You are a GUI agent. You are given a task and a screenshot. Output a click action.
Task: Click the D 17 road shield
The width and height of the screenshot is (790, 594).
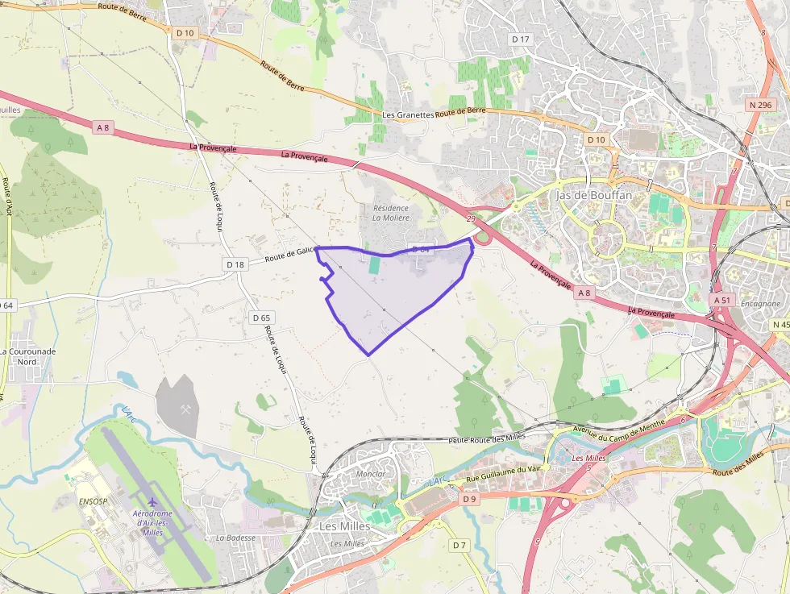pos(521,39)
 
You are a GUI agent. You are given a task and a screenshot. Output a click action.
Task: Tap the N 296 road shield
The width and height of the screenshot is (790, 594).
pos(759,105)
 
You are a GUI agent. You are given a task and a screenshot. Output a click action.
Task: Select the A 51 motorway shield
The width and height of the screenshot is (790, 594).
pos(721,299)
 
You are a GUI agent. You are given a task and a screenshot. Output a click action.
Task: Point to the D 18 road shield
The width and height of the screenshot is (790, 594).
pos(235,264)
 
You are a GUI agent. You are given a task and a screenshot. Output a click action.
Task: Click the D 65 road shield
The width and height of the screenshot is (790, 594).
pos(260,318)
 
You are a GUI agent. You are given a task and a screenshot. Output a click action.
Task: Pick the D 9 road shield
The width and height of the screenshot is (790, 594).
pos(470,499)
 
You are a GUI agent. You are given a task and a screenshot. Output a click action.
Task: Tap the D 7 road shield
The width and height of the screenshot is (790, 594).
pos(459,546)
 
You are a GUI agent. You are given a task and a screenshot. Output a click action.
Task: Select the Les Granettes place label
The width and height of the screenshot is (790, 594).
pos(408,115)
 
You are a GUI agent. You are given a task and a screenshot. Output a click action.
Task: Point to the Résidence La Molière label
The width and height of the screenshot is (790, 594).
pos(391,213)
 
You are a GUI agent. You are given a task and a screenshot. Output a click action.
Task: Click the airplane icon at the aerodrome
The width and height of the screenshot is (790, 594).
pos(152,503)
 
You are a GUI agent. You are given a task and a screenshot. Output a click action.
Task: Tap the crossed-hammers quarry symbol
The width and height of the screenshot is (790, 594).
pos(187,409)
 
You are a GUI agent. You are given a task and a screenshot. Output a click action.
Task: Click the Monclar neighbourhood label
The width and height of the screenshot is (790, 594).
pos(370,474)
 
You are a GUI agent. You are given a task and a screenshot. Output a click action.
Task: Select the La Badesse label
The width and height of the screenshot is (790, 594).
pos(235,538)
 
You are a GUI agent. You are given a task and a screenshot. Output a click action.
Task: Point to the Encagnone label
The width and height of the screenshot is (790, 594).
pos(759,304)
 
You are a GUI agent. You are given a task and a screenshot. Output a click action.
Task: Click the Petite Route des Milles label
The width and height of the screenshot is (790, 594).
pos(487,438)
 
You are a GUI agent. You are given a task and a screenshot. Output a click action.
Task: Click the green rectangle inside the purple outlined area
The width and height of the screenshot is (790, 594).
pos(374,265)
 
